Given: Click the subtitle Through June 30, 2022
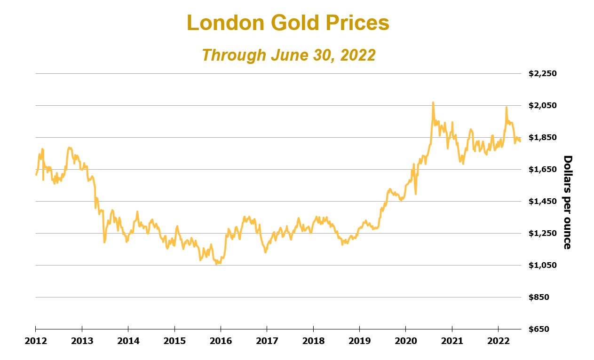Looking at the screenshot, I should click(288, 55).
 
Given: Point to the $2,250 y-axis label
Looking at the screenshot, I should click(542, 73).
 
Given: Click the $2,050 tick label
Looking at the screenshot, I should click(542, 105).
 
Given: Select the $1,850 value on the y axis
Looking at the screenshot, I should click(542, 137).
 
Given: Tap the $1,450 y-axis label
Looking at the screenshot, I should click(542, 201).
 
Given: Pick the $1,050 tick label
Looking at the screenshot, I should click(542, 265).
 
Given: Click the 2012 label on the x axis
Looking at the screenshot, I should click(36, 340).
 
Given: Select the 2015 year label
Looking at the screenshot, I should click(174, 340).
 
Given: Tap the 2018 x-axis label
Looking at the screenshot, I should click(313, 340).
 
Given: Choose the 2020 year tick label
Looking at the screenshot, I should click(405, 340).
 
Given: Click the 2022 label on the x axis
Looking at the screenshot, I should click(498, 340).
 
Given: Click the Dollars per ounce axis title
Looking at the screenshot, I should click(567, 202).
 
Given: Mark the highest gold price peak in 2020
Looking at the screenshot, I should click(433, 102).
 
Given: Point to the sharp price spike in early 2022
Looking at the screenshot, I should click(506, 107).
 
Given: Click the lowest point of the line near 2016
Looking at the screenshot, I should click(216, 264).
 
